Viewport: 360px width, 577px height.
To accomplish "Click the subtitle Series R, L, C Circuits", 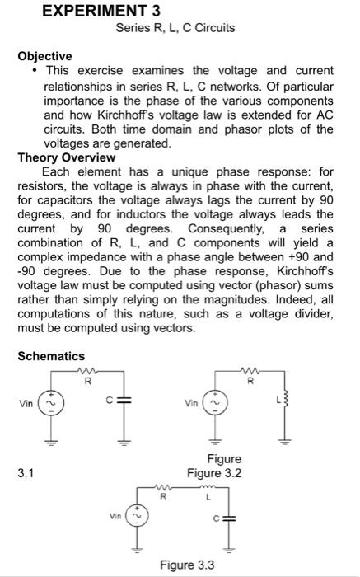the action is click(174, 28).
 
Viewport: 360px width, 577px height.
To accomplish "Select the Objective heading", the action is click(45, 55).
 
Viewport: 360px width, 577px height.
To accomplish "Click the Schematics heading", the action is click(51, 356).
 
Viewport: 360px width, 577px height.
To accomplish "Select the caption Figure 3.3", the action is click(187, 565).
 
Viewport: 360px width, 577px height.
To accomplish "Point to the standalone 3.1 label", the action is click(26, 474).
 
